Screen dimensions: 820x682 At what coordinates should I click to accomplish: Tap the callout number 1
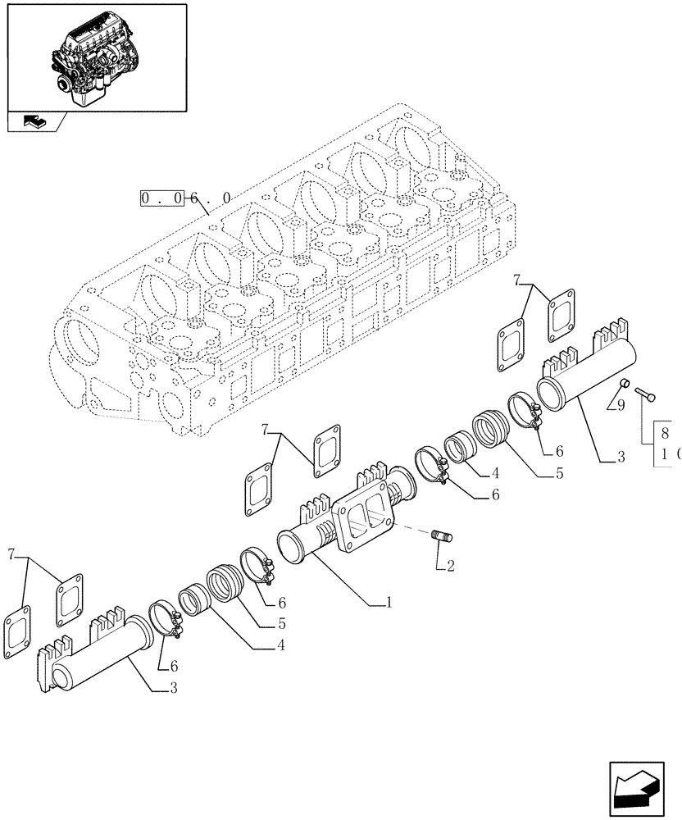390,602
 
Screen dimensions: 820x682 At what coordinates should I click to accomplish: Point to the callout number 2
449,565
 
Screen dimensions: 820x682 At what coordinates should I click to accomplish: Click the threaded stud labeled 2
443,537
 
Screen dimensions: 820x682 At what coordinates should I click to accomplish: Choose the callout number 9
621,404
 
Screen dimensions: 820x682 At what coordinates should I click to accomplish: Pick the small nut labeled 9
624,383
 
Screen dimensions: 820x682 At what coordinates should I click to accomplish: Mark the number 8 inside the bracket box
665,434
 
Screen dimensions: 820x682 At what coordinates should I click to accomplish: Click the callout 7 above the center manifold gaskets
265,429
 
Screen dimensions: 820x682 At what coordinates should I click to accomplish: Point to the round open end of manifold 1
293,546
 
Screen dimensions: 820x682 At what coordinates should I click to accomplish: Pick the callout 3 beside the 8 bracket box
621,458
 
